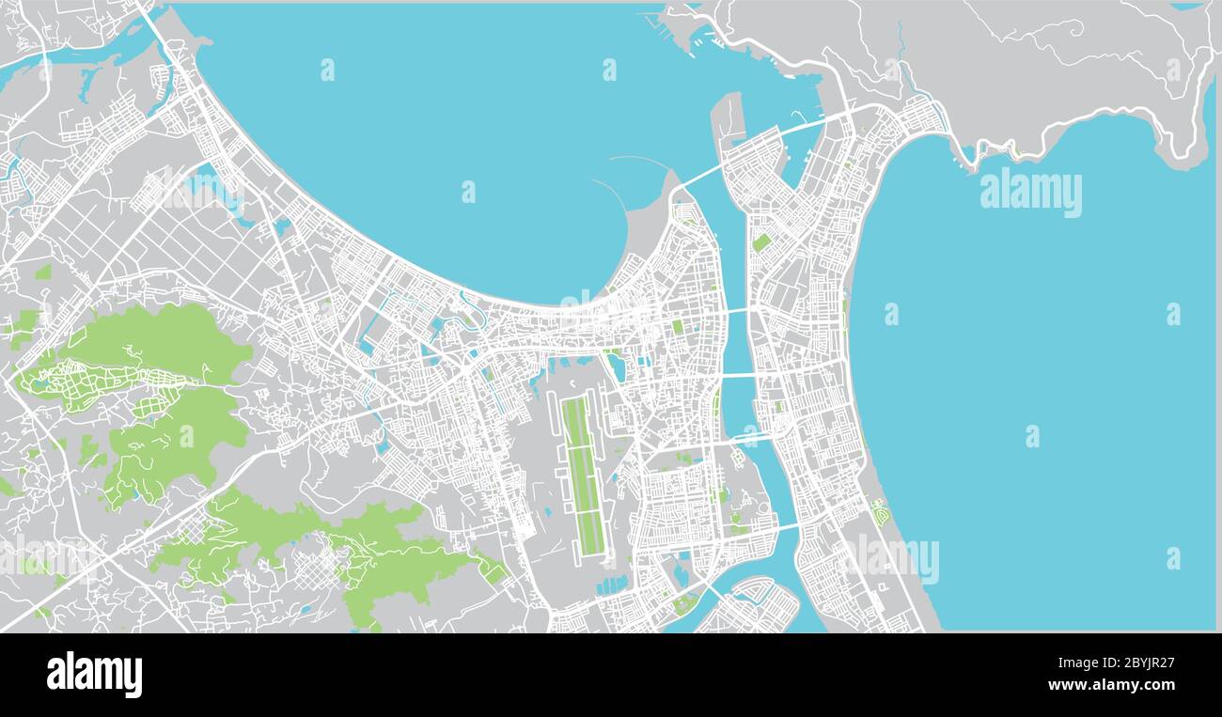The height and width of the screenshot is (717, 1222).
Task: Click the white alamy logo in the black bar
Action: coord(94,675)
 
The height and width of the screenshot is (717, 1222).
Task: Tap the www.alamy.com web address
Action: coord(1109,685)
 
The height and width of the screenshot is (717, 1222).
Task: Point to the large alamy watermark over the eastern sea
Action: coord(1030,193)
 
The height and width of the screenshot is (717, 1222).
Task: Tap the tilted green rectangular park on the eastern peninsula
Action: coord(761,242)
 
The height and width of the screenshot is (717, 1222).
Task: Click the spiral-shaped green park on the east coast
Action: coord(880,513)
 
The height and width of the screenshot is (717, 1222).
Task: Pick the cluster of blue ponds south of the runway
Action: coord(612,585)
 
